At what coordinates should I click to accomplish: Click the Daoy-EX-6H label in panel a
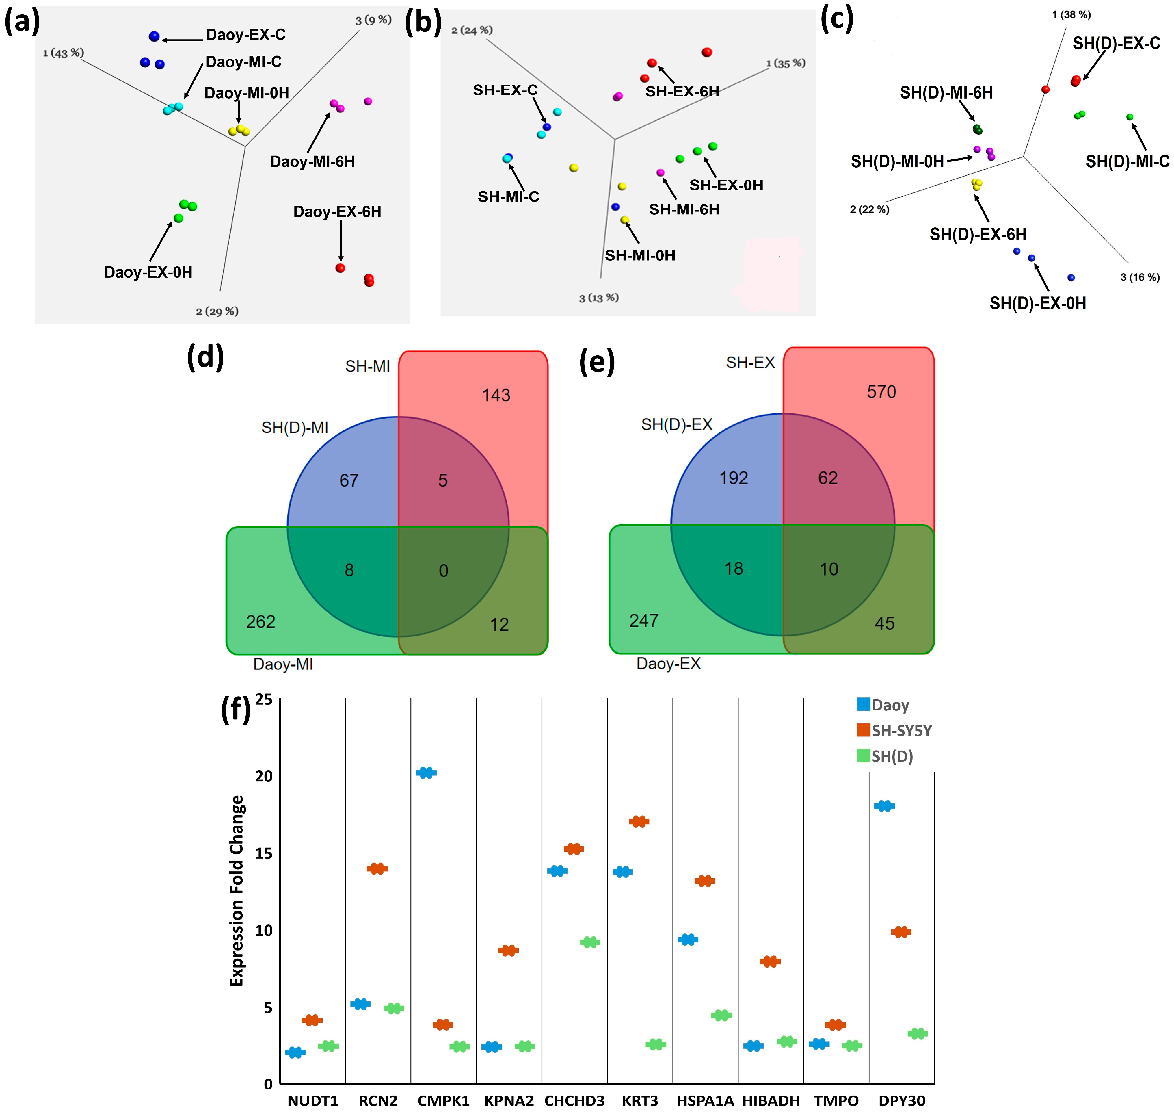tap(337, 211)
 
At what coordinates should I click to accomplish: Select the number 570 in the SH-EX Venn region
tap(881, 392)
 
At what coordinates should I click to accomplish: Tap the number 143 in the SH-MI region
tap(496, 395)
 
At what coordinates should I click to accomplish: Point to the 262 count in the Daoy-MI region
tap(261, 622)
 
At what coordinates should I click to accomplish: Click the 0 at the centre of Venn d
tap(443, 571)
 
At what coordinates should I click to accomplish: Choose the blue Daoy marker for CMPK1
tap(426, 773)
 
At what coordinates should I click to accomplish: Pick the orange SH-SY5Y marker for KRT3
tap(639, 822)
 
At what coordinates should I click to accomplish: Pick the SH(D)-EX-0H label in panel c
tap(1038, 303)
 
